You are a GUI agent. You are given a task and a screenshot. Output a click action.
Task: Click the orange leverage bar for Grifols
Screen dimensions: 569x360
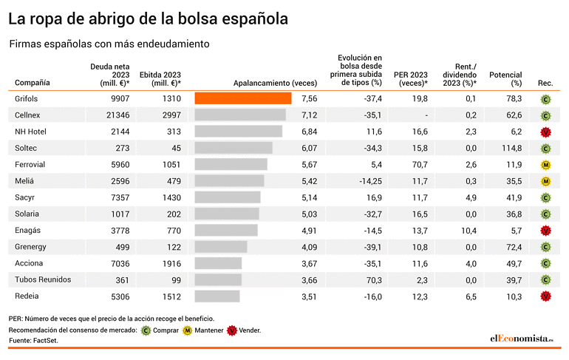(243, 98)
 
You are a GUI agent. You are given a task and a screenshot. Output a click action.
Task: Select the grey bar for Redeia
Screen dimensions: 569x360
(217, 296)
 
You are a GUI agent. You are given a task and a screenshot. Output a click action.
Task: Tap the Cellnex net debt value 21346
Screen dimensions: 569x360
(118, 115)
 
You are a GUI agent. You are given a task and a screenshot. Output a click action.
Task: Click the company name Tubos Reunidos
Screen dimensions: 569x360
(43, 279)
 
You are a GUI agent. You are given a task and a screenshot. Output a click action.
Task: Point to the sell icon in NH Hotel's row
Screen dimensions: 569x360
(545, 132)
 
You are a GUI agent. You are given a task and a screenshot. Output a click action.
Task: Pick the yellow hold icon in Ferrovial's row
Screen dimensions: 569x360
(545, 165)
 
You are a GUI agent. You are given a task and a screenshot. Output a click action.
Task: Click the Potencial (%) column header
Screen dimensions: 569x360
(505, 79)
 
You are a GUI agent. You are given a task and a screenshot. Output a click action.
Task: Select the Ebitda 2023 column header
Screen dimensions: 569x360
(160, 79)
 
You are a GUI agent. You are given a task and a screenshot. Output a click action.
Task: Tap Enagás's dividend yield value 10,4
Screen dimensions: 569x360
(469, 231)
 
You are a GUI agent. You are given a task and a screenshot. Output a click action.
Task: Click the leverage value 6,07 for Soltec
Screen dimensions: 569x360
(309, 148)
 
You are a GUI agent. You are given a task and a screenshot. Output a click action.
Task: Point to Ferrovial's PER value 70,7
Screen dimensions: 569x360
(420, 164)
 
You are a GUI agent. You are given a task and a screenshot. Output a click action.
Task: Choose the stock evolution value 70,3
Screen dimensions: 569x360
(374, 280)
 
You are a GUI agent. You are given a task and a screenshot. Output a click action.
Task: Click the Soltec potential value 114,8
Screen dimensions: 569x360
(511, 148)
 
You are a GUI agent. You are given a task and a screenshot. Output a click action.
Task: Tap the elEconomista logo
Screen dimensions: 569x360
(522, 339)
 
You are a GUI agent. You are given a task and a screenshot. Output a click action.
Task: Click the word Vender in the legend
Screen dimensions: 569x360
(249, 330)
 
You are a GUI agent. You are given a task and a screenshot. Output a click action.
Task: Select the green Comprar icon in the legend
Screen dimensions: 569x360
(146, 330)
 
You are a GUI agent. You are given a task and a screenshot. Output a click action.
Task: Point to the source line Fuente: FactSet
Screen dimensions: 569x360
(33, 340)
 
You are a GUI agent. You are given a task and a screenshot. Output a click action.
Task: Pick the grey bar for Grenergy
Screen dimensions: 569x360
(221, 247)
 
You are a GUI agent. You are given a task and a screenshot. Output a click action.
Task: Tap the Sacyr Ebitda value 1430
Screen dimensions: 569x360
(171, 197)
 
